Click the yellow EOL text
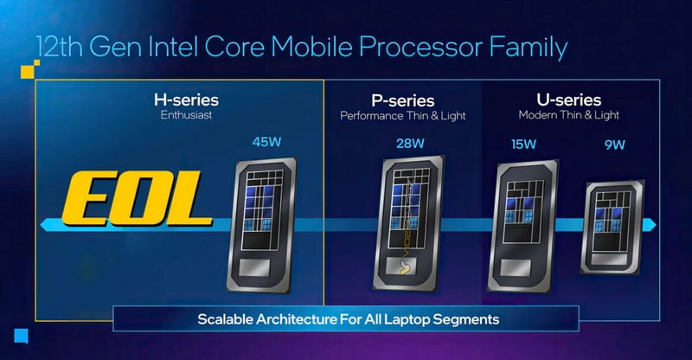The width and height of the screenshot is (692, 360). [137, 199]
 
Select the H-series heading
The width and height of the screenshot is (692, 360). [186, 100]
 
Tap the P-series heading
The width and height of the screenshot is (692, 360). [403, 100]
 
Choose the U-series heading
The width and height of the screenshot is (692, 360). [569, 100]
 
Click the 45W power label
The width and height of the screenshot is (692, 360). [266, 142]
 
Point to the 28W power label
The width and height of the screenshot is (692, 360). [410, 143]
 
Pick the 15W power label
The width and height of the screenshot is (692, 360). [524, 144]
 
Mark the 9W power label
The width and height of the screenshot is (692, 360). [615, 145]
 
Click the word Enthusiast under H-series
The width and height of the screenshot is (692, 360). [186, 115]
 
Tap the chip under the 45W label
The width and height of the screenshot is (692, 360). [262, 225]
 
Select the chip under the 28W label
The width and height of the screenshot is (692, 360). [408, 223]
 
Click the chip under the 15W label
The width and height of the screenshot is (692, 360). [523, 226]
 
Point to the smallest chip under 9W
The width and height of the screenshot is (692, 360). [612, 227]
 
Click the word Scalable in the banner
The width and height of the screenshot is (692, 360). [225, 319]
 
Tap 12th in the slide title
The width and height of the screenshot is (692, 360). [56, 47]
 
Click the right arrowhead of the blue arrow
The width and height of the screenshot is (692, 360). [650, 224]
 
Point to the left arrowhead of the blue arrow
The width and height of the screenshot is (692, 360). [46, 225]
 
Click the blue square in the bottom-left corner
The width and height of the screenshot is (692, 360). [21, 336]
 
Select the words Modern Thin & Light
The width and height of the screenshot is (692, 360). [569, 115]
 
